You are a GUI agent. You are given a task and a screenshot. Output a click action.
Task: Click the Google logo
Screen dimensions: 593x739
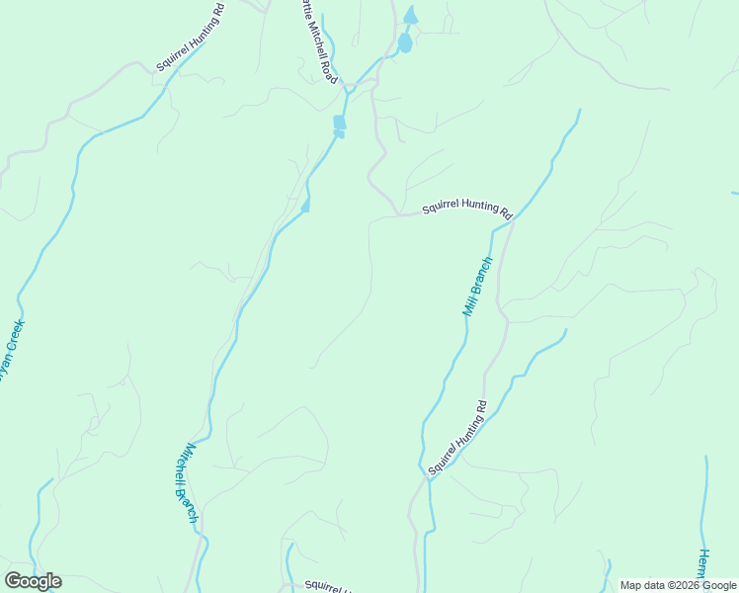tap(33, 581)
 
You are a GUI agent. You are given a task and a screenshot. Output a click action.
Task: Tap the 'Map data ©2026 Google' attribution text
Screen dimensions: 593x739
tap(678, 585)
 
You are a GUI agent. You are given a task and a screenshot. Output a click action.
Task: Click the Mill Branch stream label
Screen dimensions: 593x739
tap(477, 287)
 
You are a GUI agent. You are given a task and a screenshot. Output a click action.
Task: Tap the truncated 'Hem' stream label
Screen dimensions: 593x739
tap(704, 567)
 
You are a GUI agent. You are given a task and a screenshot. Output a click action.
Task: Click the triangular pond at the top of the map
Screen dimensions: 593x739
tap(410, 16)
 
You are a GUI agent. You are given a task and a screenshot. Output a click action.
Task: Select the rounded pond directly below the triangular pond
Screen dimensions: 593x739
tap(404, 43)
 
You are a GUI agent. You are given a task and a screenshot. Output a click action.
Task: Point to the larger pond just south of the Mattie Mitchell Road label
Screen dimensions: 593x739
tap(339, 122)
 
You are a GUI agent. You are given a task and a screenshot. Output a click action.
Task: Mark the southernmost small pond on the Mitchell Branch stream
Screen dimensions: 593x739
tap(305, 206)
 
